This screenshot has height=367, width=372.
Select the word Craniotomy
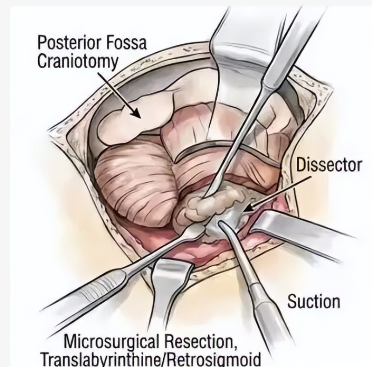coord(77,62)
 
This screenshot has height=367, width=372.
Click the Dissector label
coord(329,165)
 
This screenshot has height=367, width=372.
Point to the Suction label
coord(314,301)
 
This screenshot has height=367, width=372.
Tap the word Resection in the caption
coord(200,342)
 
